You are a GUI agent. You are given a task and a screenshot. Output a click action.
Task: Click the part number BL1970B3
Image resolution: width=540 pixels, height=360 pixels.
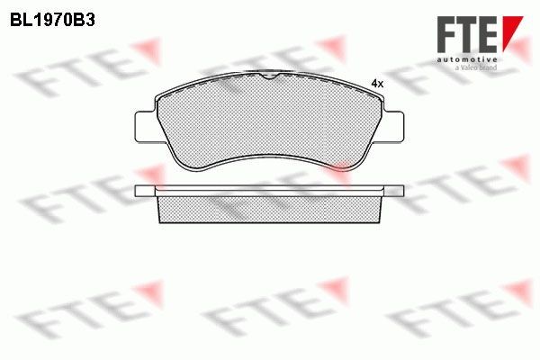52,21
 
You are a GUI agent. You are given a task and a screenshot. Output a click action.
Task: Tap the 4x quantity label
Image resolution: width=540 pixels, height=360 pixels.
377,84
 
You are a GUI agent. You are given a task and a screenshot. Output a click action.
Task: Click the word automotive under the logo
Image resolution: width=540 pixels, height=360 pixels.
467,59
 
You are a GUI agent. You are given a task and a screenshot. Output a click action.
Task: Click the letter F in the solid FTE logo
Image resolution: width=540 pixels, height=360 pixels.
447,34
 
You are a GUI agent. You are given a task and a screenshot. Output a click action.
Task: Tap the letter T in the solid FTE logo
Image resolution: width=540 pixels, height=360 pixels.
469,34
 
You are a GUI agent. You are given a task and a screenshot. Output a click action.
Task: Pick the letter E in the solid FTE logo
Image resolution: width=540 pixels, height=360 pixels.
489,34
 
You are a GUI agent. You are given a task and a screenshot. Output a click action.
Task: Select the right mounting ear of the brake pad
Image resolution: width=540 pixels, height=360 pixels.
392,126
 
